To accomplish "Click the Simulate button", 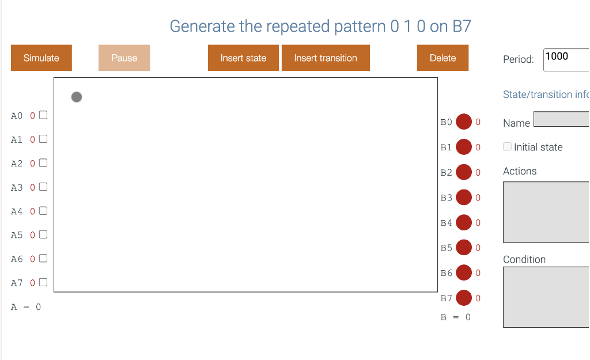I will click(x=41, y=58).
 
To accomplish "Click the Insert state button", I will click(x=243, y=58).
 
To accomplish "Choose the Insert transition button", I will click(x=326, y=58).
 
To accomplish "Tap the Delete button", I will click(x=442, y=58).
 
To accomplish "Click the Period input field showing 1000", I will click(x=566, y=59).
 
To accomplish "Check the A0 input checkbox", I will click(x=43, y=115).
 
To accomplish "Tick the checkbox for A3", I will click(x=43, y=187).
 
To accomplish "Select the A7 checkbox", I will click(x=43, y=283).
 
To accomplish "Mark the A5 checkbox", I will click(x=43, y=235).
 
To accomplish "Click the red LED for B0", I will click(x=464, y=122).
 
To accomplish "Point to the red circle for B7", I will click(x=464, y=298).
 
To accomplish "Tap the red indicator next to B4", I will click(x=464, y=222).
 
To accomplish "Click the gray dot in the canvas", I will click(x=77, y=97).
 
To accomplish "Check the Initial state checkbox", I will click(x=507, y=147).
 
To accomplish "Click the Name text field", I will click(x=562, y=119).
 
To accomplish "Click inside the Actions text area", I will click(x=546, y=212).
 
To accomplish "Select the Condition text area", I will click(x=546, y=297).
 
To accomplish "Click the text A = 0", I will click(x=26, y=307).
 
